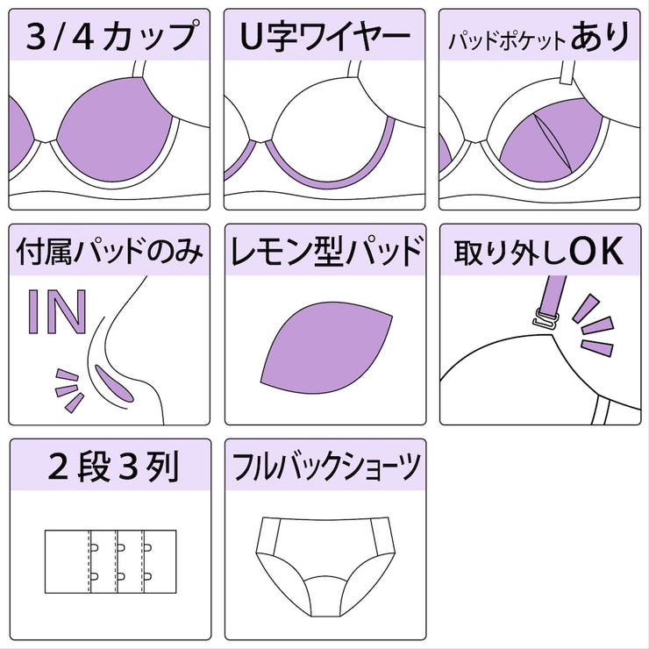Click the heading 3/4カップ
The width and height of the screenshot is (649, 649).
109,37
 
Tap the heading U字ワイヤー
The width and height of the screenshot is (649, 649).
324,37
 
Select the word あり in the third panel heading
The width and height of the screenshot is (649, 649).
600,37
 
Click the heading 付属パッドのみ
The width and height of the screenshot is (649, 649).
109,253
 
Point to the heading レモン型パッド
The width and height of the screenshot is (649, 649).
324,253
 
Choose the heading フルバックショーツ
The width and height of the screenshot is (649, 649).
324,468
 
